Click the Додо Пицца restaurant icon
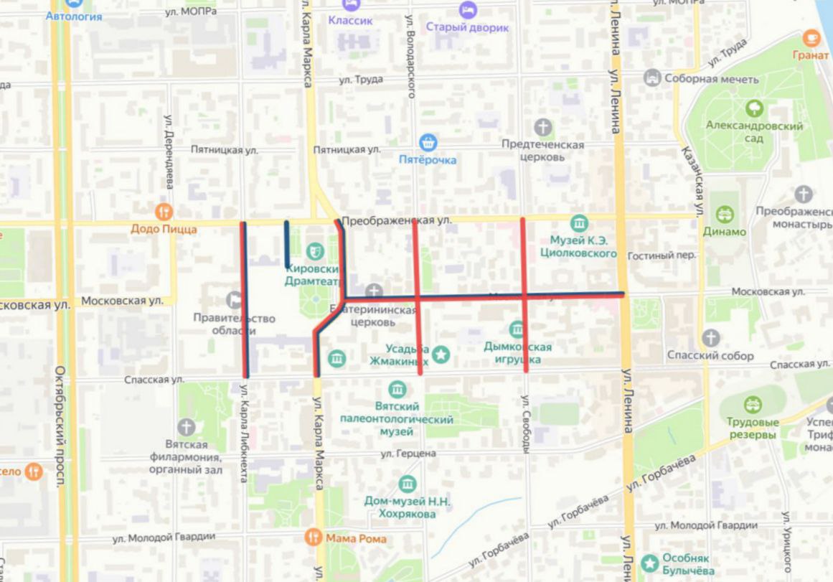click(x=164, y=212)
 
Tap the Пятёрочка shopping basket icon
click(x=428, y=142)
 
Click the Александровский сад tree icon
click(x=754, y=109)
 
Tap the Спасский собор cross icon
click(x=710, y=337)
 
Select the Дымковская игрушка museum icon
click(x=517, y=329)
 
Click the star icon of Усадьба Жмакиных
click(x=442, y=354)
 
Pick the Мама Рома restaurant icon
click(x=313, y=536)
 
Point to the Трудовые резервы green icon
click(x=752, y=405)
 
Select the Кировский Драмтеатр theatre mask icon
click(x=313, y=251)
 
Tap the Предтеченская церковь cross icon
click(x=544, y=128)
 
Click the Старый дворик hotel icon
click(x=467, y=10)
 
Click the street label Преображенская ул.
click(x=396, y=220)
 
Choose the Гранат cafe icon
click(x=811, y=38)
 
